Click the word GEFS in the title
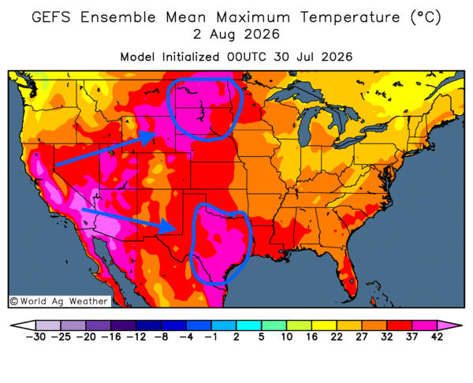51,17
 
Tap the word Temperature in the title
350,17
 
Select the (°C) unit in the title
426,17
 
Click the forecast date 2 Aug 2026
236,34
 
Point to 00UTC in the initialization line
248,57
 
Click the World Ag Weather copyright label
59,301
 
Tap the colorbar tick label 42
437,337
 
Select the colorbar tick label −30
35,337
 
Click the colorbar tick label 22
337,337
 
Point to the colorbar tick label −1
211,337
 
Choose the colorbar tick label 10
287,337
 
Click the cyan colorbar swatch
248,325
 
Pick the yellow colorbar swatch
324,325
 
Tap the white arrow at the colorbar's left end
24,325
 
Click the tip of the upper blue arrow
157,133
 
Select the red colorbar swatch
400,325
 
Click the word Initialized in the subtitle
191,57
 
